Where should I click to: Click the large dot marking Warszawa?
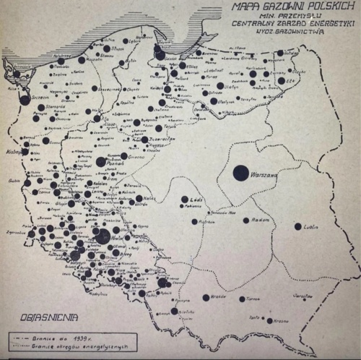(240, 173)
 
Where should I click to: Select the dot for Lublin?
(297, 226)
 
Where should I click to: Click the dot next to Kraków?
(206, 297)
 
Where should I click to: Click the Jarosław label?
(305, 295)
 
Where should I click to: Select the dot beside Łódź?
(184, 200)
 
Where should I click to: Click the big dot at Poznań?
(101, 162)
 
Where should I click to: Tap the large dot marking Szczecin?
(25, 100)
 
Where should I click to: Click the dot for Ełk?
(281, 80)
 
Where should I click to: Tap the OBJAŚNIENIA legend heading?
(47, 317)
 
